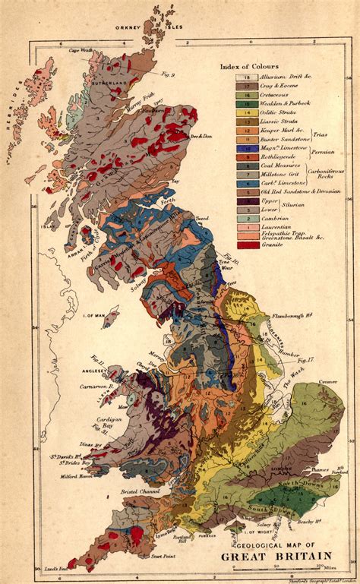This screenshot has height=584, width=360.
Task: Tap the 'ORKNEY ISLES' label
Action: (x=144, y=27)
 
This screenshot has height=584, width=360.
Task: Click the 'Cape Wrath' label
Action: (x=81, y=52)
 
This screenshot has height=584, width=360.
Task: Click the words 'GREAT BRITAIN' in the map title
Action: (x=276, y=556)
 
